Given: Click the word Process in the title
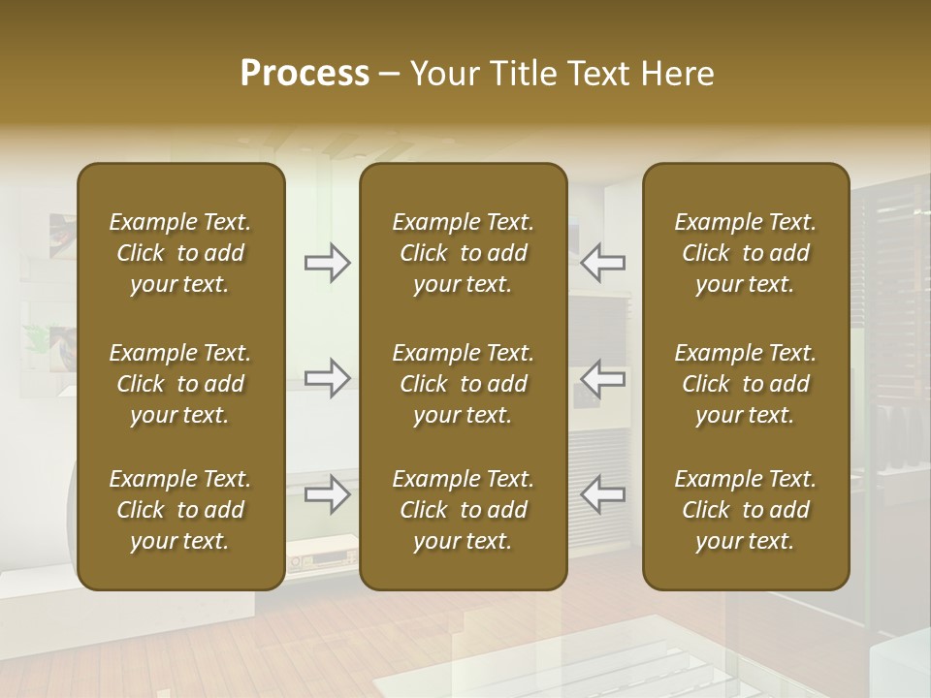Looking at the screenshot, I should (305, 74).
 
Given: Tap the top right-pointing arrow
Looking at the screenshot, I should (328, 263).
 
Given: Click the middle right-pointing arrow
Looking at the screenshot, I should (328, 377).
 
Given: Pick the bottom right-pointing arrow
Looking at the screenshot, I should (328, 494).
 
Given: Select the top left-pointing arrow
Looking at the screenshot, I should (602, 263).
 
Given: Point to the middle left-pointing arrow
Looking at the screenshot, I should (602, 377).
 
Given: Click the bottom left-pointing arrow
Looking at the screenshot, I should (602, 494).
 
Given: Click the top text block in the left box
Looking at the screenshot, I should (180, 253).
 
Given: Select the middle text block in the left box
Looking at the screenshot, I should (180, 384).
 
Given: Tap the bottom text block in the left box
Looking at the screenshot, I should (180, 510).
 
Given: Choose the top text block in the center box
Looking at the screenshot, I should (463, 253).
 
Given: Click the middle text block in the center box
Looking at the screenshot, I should (463, 384).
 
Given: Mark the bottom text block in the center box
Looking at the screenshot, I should (463, 510).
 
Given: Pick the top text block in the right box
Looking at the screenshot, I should (745, 253).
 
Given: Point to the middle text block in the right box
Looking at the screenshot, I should (745, 384).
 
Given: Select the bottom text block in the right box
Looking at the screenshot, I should (745, 510).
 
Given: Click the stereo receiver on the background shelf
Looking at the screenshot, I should (320, 558).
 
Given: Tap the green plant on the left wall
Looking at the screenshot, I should (39, 337).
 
